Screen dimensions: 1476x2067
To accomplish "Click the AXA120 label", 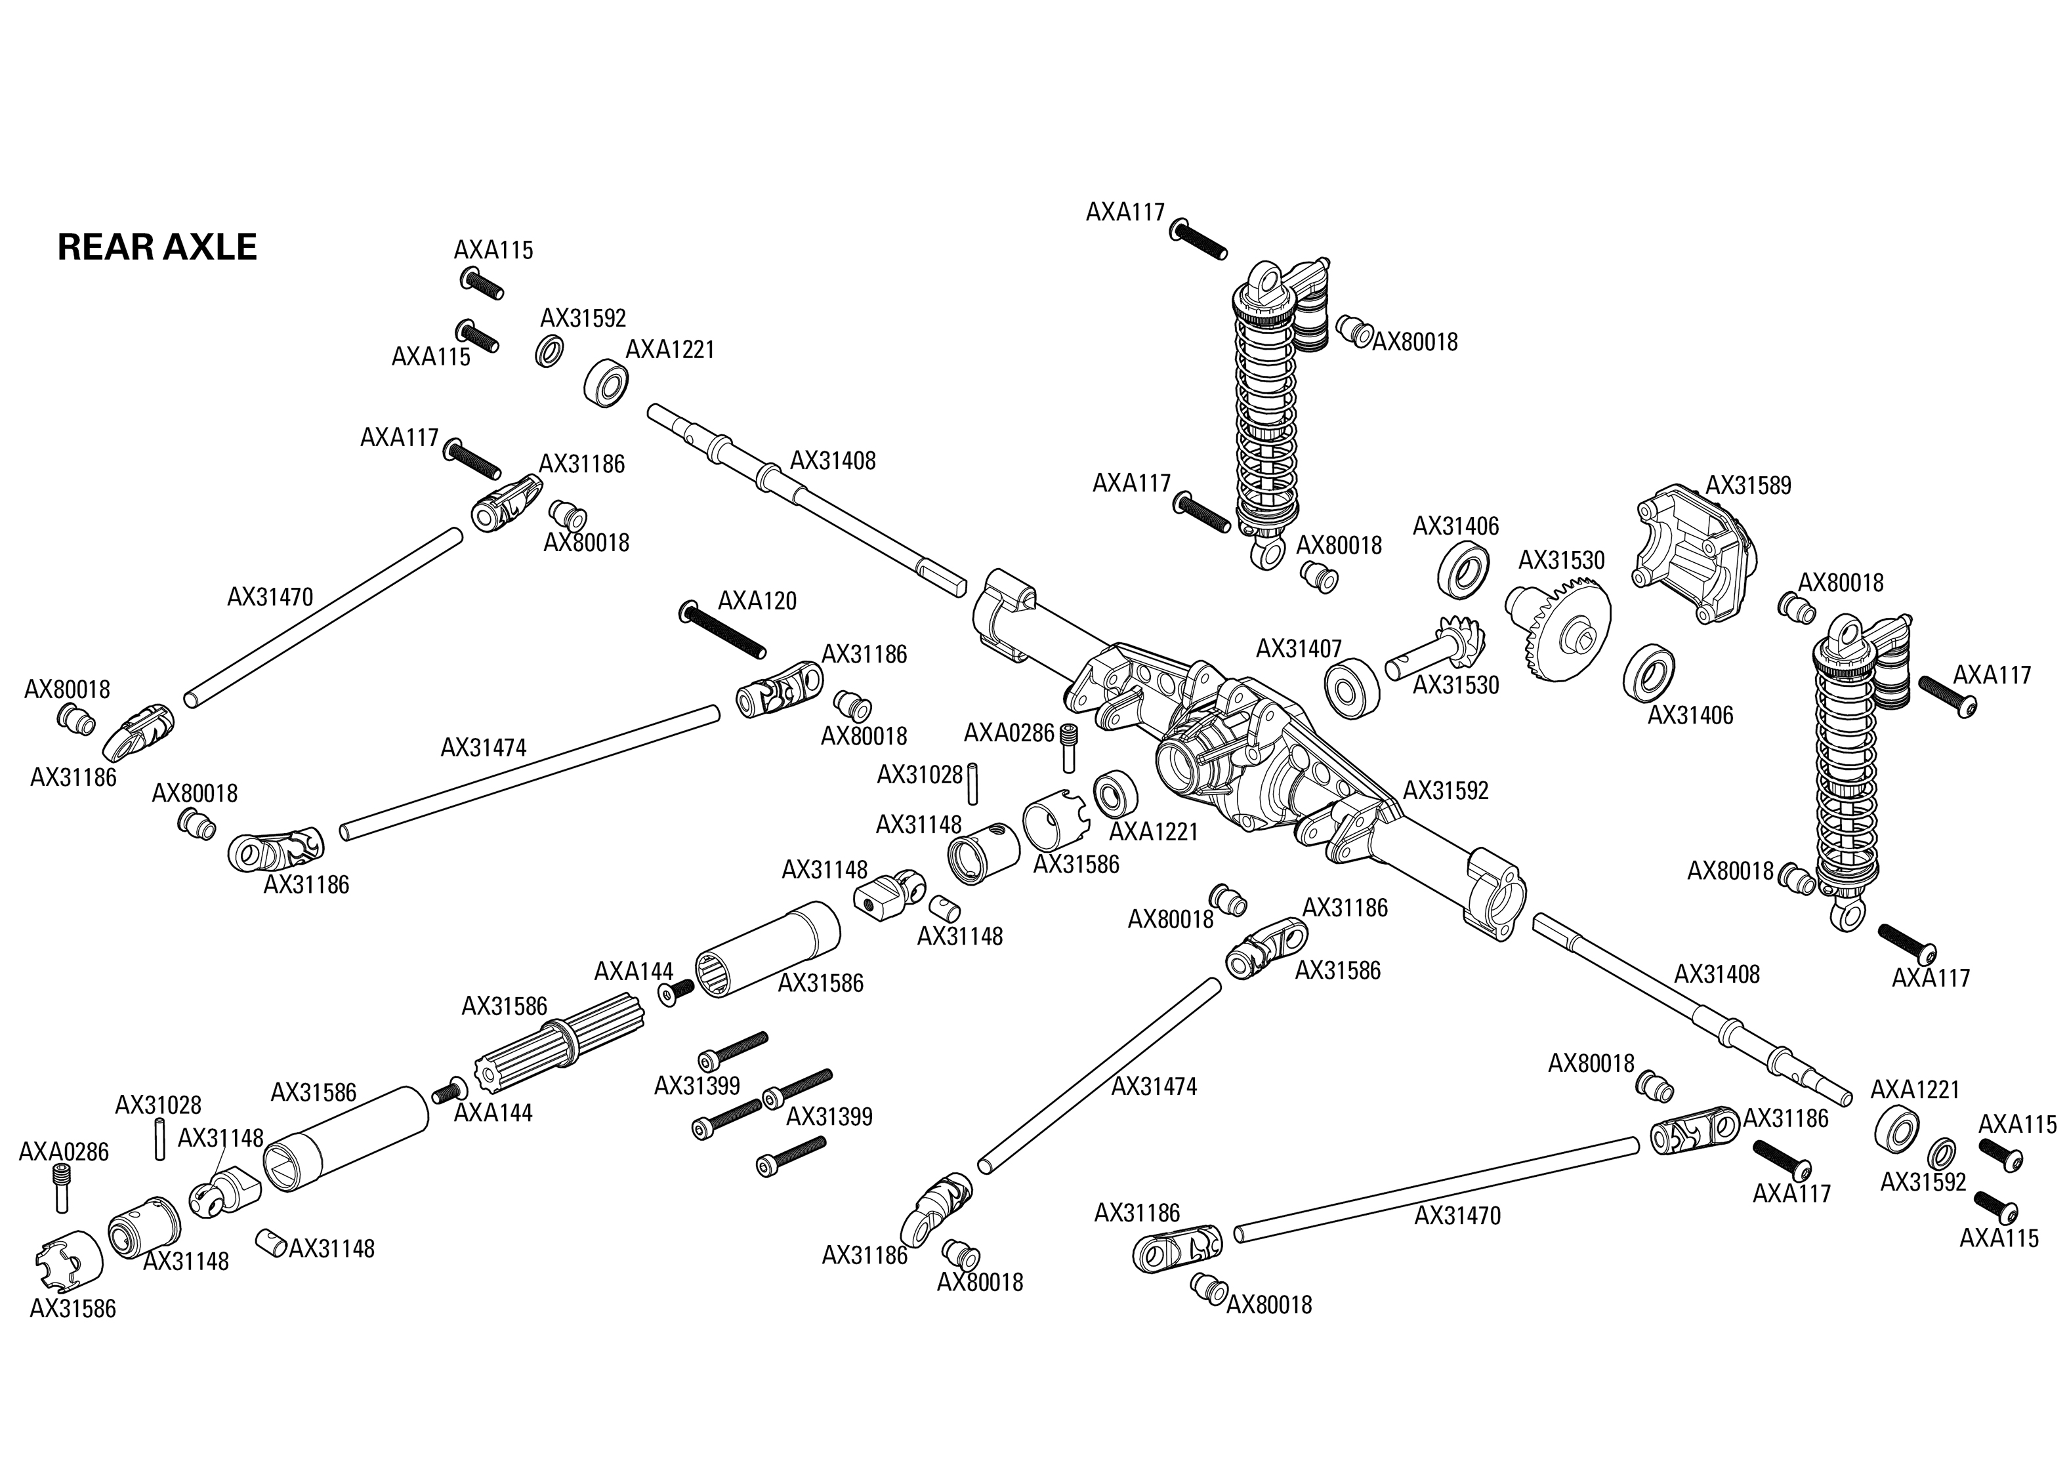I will (757, 601).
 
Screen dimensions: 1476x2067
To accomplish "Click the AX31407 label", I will (1298, 648).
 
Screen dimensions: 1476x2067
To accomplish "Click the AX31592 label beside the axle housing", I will (1446, 790).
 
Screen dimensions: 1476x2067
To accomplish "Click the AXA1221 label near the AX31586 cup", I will (1154, 832).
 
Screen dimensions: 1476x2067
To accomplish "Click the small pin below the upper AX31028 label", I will (972, 785).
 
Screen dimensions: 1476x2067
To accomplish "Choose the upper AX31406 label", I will (1455, 526).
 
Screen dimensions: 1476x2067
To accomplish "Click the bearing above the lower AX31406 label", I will (1650, 674).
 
